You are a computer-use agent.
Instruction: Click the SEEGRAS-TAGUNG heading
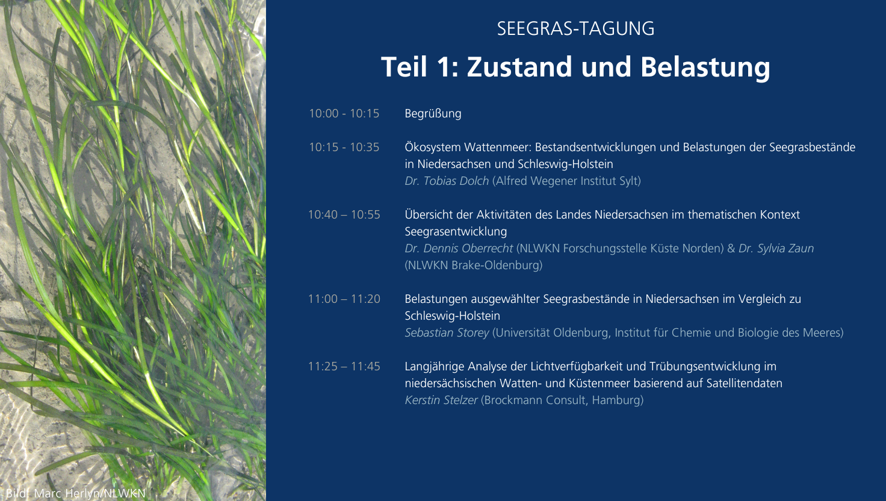pyautogui.click(x=575, y=28)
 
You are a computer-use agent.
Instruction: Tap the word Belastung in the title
pyautogui.click(x=705, y=67)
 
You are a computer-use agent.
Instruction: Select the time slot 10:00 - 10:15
pyautogui.click(x=344, y=114)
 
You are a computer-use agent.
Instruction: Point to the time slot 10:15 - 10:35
pyautogui.click(x=344, y=147)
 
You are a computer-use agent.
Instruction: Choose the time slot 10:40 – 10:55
pyautogui.click(x=344, y=214)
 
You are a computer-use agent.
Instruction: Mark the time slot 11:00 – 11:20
pyautogui.click(x=344, y=299)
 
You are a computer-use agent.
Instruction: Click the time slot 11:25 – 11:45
pyautogui.click(x=344, y=367)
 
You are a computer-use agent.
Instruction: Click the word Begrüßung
pyautogui.click(x=433, y=114)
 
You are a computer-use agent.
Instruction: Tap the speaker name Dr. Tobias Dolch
pyautogui.click(x=447, y=181)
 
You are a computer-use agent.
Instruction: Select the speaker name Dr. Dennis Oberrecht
pyautogui.click(x=459, y=249)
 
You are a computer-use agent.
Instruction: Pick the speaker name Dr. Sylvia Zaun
pyautogui.click(x=776, y=249)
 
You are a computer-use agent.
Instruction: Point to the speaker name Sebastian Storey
pyautogui.click(x=447, y=333)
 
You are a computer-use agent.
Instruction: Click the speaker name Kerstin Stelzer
pyautogui.click(x=441, y=400)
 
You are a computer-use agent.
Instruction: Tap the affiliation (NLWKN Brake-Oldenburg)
pyautogui.click(x=474, y=265)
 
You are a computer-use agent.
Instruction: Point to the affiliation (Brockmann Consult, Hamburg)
pyautogui.click(x=562, y=400)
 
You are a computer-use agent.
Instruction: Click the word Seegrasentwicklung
pyautogui.click(x=456, y=231)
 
